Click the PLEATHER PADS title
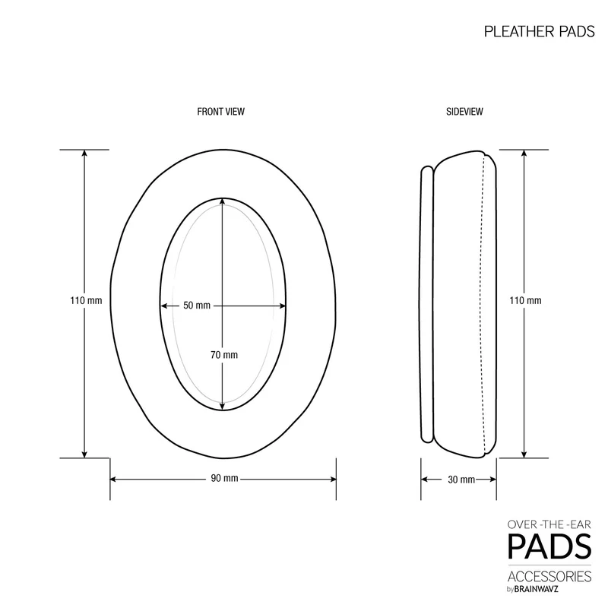click(x=539, y=31)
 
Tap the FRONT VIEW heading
click(x=220, y=112)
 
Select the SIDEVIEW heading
click(x=464, y=112)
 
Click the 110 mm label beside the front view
click(x=86, y=300)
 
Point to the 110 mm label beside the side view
click(x=525, y=300)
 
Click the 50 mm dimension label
click(x=197, y=306)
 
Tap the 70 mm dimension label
click(x=224, y=355)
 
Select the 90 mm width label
click(x=224, y=479)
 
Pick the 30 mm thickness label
click(x=461, y=480)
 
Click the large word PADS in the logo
click(x=549, y=546)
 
